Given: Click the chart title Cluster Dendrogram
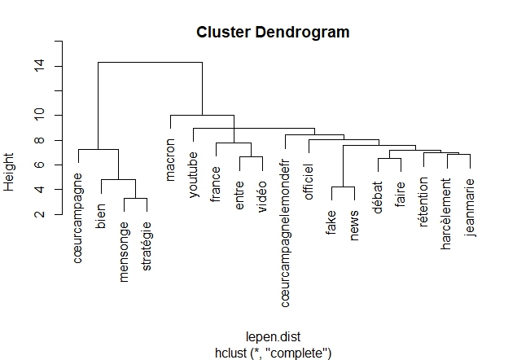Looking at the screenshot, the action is (273, 33).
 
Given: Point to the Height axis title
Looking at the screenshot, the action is (9, 172).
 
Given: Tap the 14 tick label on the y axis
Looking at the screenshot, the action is (39, 66).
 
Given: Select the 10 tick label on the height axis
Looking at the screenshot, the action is (39, 115).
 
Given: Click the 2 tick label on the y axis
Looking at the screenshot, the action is (39, 214).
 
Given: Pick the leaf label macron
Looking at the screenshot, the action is (170, 160).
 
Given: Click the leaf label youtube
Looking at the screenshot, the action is (193, 175).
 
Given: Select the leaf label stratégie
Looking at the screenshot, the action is (147, 247).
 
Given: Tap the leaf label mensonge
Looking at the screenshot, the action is (124, 252).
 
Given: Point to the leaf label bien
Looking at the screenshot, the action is (101, 216).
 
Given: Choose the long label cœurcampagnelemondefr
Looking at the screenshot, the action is (285, 233).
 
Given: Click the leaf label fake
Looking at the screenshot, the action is (331, 222).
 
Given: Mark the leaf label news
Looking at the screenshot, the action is (354, 226).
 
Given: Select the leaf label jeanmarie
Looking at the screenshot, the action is (470, 208).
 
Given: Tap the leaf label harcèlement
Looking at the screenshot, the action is (446, 214).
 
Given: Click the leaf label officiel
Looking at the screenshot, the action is (309, 182).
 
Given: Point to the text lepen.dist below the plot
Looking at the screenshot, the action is (273, 337).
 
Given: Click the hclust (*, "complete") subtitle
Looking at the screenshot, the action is (273, 353).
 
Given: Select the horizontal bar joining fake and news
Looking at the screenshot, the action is (343, 187).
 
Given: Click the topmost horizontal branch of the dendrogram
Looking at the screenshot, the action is (150, 62).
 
